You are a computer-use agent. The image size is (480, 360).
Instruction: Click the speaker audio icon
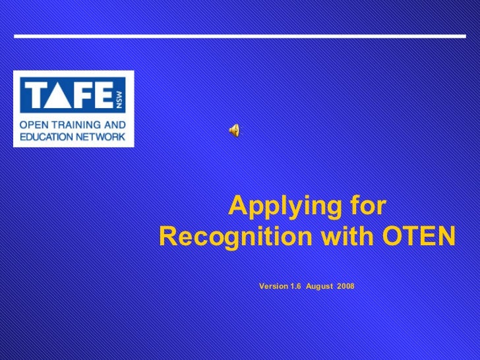tap(234, 131)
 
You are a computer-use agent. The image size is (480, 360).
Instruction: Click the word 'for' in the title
tap(369, 207)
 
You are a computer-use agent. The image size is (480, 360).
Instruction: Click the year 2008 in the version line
tap(345, 286)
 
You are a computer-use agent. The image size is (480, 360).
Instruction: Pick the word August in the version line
tap(319, 286)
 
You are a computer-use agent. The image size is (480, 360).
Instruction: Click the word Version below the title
tap(274, 286)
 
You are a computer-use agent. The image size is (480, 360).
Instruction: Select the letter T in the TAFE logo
tap(34, 97)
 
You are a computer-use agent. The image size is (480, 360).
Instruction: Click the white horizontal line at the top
tap(240, 35)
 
